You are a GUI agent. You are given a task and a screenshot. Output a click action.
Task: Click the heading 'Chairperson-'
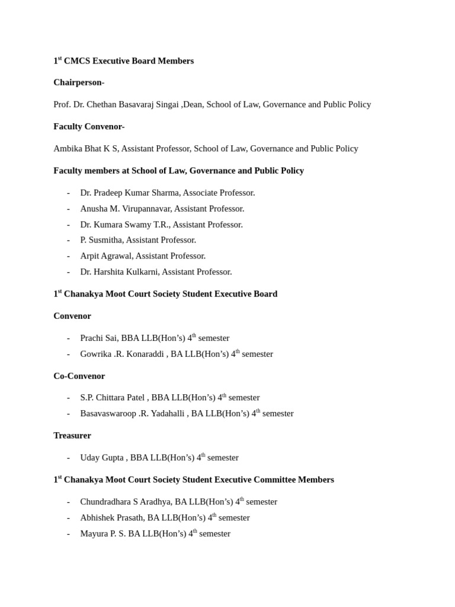click(79, 82)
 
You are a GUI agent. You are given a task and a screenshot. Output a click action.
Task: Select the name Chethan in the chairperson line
click(102, 104)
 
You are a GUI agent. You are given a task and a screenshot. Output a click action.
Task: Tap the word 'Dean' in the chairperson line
click(192, 104)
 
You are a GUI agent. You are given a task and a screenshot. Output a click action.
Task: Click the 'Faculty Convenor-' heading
click(89, 126)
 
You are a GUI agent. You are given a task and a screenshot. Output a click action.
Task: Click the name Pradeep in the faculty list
click(110, 193)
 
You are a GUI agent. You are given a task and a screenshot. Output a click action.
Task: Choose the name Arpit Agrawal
click(106, 256)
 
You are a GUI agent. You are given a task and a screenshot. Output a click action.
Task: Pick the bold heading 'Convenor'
click(72, 316)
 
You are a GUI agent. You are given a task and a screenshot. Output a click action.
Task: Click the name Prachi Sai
click(99, 338)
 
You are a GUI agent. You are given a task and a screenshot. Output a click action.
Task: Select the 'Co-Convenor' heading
click(79, 376)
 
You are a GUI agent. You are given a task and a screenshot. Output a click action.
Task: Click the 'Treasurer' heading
click(72, 435)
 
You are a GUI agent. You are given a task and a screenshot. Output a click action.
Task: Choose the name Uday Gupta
click(102, 458)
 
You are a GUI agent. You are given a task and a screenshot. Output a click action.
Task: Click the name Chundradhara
click(105, 501)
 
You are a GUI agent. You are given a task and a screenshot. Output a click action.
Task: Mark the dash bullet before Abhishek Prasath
click(68, 517)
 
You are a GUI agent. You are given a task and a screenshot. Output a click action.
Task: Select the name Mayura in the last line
click(94, 533)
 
